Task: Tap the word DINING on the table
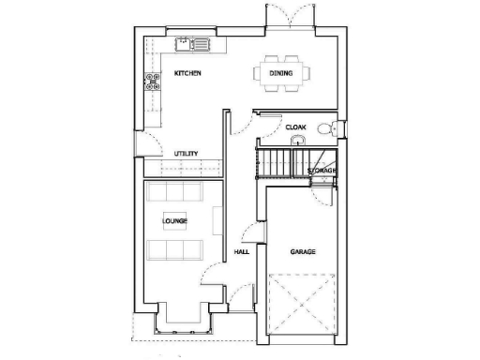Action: tap(279, 73)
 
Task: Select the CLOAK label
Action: tap(296, 127)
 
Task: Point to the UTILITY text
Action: tap(186, 154)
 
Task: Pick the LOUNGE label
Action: tap(174, 221)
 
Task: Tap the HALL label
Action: tap(241, 252)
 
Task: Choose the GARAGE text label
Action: tap(302, 252)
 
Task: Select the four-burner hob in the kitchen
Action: tap(150, 82)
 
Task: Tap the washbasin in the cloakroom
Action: tap(296, 141)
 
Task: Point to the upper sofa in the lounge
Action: tap(174, 192)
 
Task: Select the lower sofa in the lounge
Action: tap(174, 249)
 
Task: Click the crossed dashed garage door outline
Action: tap(302, 303)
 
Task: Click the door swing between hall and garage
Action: tap(249, 235)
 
